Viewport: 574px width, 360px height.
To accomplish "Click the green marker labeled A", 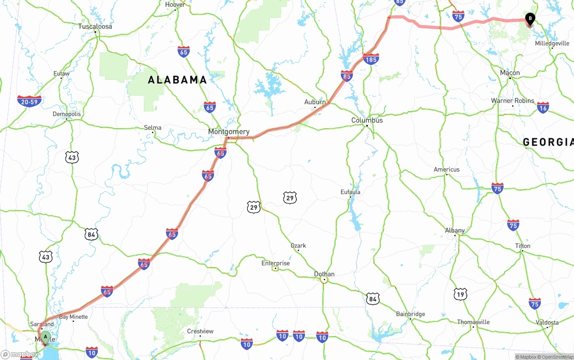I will [x=45, y=337].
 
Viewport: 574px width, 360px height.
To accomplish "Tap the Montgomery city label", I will [x=229, y=132].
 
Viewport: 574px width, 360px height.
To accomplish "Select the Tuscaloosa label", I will [x=95, y=26].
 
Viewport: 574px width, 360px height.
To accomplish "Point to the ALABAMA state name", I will [x=178, y=80].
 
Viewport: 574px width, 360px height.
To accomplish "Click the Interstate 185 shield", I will [x=371, y=59].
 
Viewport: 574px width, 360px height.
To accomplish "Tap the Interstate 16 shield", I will [x=543, y=108].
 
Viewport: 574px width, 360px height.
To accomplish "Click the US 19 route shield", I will [x=460, y=294].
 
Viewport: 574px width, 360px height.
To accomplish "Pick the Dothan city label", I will [x=324, y=274].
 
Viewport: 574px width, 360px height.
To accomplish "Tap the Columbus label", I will [x=367, y=120].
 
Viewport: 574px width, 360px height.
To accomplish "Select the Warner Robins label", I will [x=513, y=100].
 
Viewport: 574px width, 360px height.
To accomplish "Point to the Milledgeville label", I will [x=552, y=43].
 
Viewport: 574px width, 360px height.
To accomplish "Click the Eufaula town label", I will [x=350, y=192].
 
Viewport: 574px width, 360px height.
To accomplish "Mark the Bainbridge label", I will [x=410, y=314].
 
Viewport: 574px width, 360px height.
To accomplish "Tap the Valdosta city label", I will [x=547, y=322].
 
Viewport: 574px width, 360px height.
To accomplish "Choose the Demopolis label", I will [x=67, y=114].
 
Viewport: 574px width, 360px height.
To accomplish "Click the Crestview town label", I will [x=200, y=331].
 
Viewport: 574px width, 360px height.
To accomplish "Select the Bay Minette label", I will [x=74, y=317].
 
